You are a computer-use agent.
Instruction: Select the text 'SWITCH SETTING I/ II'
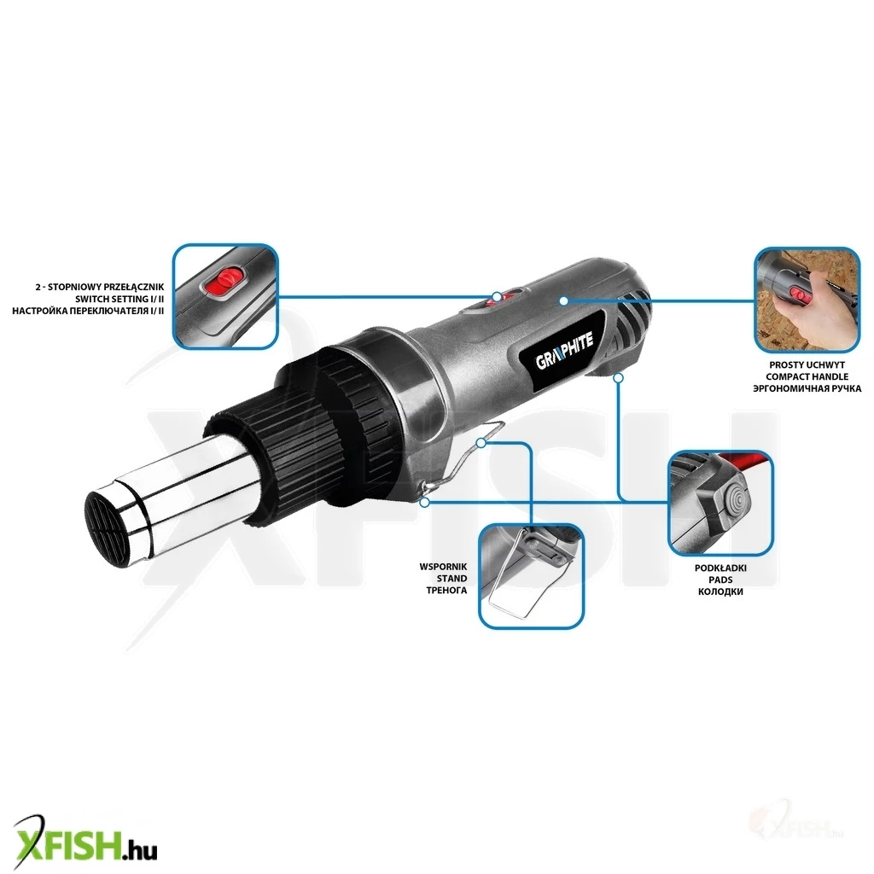[119, 299]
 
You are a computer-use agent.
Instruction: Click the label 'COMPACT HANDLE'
[807, 376]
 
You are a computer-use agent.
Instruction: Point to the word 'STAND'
[452, 579]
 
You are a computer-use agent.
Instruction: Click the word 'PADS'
[720, 580]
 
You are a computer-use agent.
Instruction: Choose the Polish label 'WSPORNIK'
[443, 567]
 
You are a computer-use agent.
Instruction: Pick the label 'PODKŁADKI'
[720, 568]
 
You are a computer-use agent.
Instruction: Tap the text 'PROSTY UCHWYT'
[807, 365]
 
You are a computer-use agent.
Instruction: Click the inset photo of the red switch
[225, 297]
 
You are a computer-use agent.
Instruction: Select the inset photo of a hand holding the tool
[807, 300]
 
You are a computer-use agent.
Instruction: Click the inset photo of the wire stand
[531, 576]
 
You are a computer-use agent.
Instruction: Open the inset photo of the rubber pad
[720, 504]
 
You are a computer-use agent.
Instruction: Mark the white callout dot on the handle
[563, 301]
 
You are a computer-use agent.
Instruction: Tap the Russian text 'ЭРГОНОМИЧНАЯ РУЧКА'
[807, 388]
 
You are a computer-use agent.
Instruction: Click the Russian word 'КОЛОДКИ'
[720, 592]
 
